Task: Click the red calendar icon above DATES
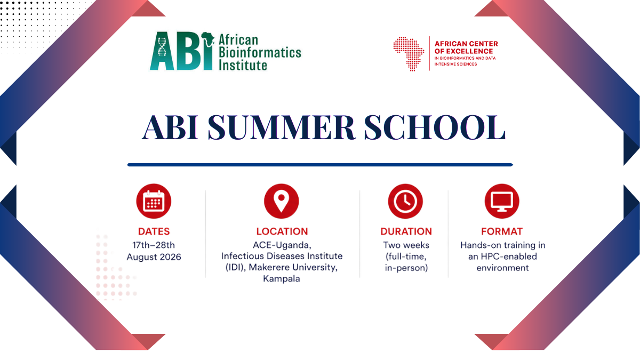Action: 154,201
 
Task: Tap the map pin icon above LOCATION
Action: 282,201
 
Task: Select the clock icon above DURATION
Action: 405,201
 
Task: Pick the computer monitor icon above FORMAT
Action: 502,201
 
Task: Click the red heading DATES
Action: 154,231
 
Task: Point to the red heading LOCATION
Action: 282,231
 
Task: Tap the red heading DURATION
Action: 406,231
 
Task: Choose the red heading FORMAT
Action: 502,231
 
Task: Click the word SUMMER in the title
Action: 282,127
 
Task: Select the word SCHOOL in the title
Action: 435,127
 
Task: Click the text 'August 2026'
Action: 154,257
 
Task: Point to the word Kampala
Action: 282,278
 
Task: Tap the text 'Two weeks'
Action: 406,245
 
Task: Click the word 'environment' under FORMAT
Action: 502,268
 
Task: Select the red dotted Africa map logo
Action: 409,54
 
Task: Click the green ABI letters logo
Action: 182,51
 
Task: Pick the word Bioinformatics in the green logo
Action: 260,53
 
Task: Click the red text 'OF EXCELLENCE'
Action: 463,51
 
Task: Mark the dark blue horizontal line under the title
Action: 321,165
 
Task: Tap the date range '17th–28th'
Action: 154,245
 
